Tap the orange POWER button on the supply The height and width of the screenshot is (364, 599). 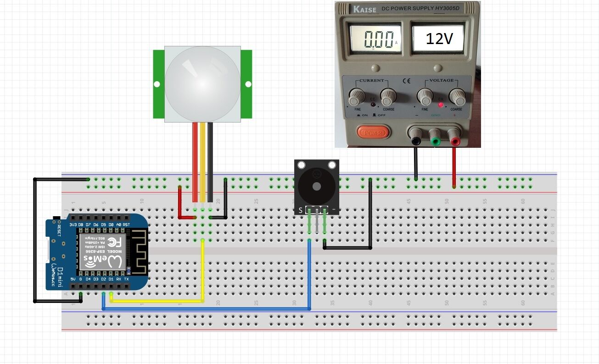tap(373, 133)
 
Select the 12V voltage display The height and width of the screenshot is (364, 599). tap(438, 39)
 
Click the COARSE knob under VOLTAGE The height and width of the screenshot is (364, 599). tap(457, 97)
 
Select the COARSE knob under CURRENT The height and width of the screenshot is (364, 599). tap(388, 97)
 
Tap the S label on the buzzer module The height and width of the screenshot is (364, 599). tap(301, 210)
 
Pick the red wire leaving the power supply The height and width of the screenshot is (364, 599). tap(454, 165)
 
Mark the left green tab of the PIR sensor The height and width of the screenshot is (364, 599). tap(158, 84)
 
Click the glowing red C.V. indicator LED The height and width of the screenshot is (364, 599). tap(441, 105)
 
